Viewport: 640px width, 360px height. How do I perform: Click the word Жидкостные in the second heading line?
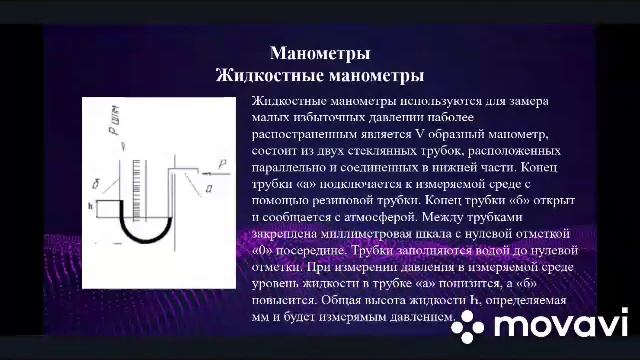pyautogui.click(x=261, y=75)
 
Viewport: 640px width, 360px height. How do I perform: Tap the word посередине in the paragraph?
pyautogui.click(x=317, y=248)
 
